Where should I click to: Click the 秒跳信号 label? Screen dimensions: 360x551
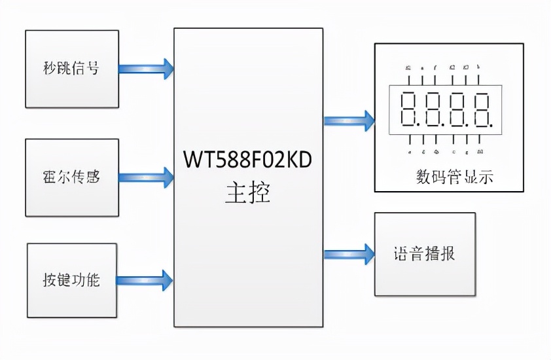click(71, 68)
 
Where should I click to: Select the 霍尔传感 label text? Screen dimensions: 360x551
click(71, 177)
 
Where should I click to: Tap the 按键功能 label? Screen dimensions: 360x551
click(71, 279)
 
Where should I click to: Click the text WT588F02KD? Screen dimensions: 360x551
click(248, 159)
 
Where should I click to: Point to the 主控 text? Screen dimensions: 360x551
click(248, 194)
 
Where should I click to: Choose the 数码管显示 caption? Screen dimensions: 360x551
click(454, 177)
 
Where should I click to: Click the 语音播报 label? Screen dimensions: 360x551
click(424, 253)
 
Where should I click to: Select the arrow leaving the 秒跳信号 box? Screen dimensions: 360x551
click(146, 68)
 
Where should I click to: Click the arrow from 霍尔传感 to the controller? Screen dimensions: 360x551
click(146, 177)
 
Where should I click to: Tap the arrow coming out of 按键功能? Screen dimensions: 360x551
click(145, 280)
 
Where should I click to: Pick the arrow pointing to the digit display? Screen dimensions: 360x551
click(349, 120)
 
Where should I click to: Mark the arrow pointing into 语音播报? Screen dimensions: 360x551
click(349, 253)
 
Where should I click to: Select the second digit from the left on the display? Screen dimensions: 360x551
click(435, 110)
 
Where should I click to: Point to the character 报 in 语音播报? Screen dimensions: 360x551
click(447, 253)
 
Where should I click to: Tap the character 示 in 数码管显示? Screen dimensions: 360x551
click(485, 177)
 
